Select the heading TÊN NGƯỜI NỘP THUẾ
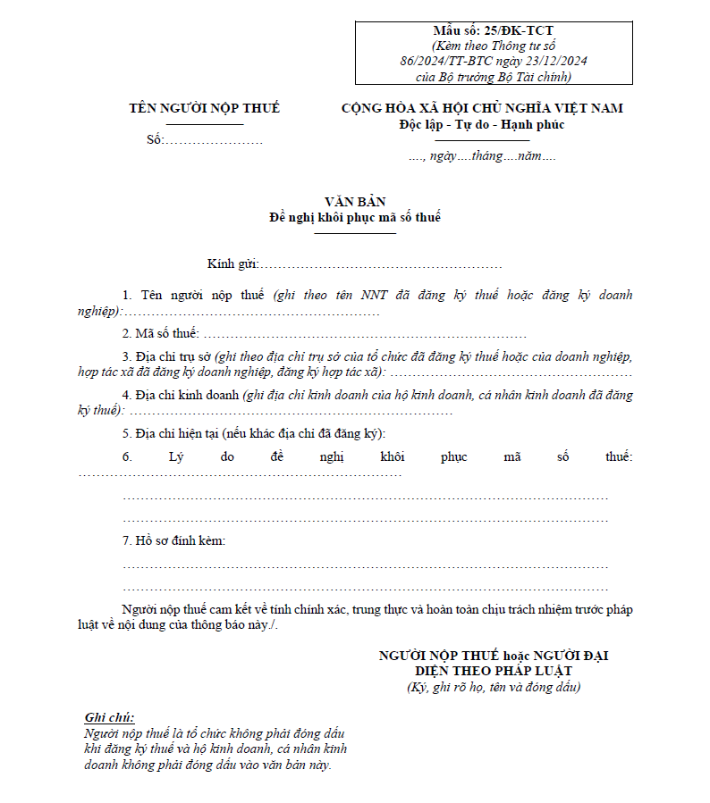[x=204, y=108]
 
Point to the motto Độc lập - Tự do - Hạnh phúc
[x=482, y=124]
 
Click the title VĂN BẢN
[x=355, y=202]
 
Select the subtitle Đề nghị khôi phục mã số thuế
[x=355, y=217]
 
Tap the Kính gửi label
[x=232, y=264]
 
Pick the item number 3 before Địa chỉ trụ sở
[x=126, y=355]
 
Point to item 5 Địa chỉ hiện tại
[x=254, y=434]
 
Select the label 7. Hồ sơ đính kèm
[x=173, y=541]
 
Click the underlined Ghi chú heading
[x=109, y=717]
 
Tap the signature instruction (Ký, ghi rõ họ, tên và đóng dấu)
[x=494, y=687]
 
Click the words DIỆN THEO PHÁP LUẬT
[x=494, y=671]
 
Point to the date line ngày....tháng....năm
[x=483, y=156]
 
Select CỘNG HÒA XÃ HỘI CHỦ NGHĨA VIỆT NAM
[x=482, y=108]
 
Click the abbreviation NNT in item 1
[x=375, y=295]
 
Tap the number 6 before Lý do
[x=127, y=457]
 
